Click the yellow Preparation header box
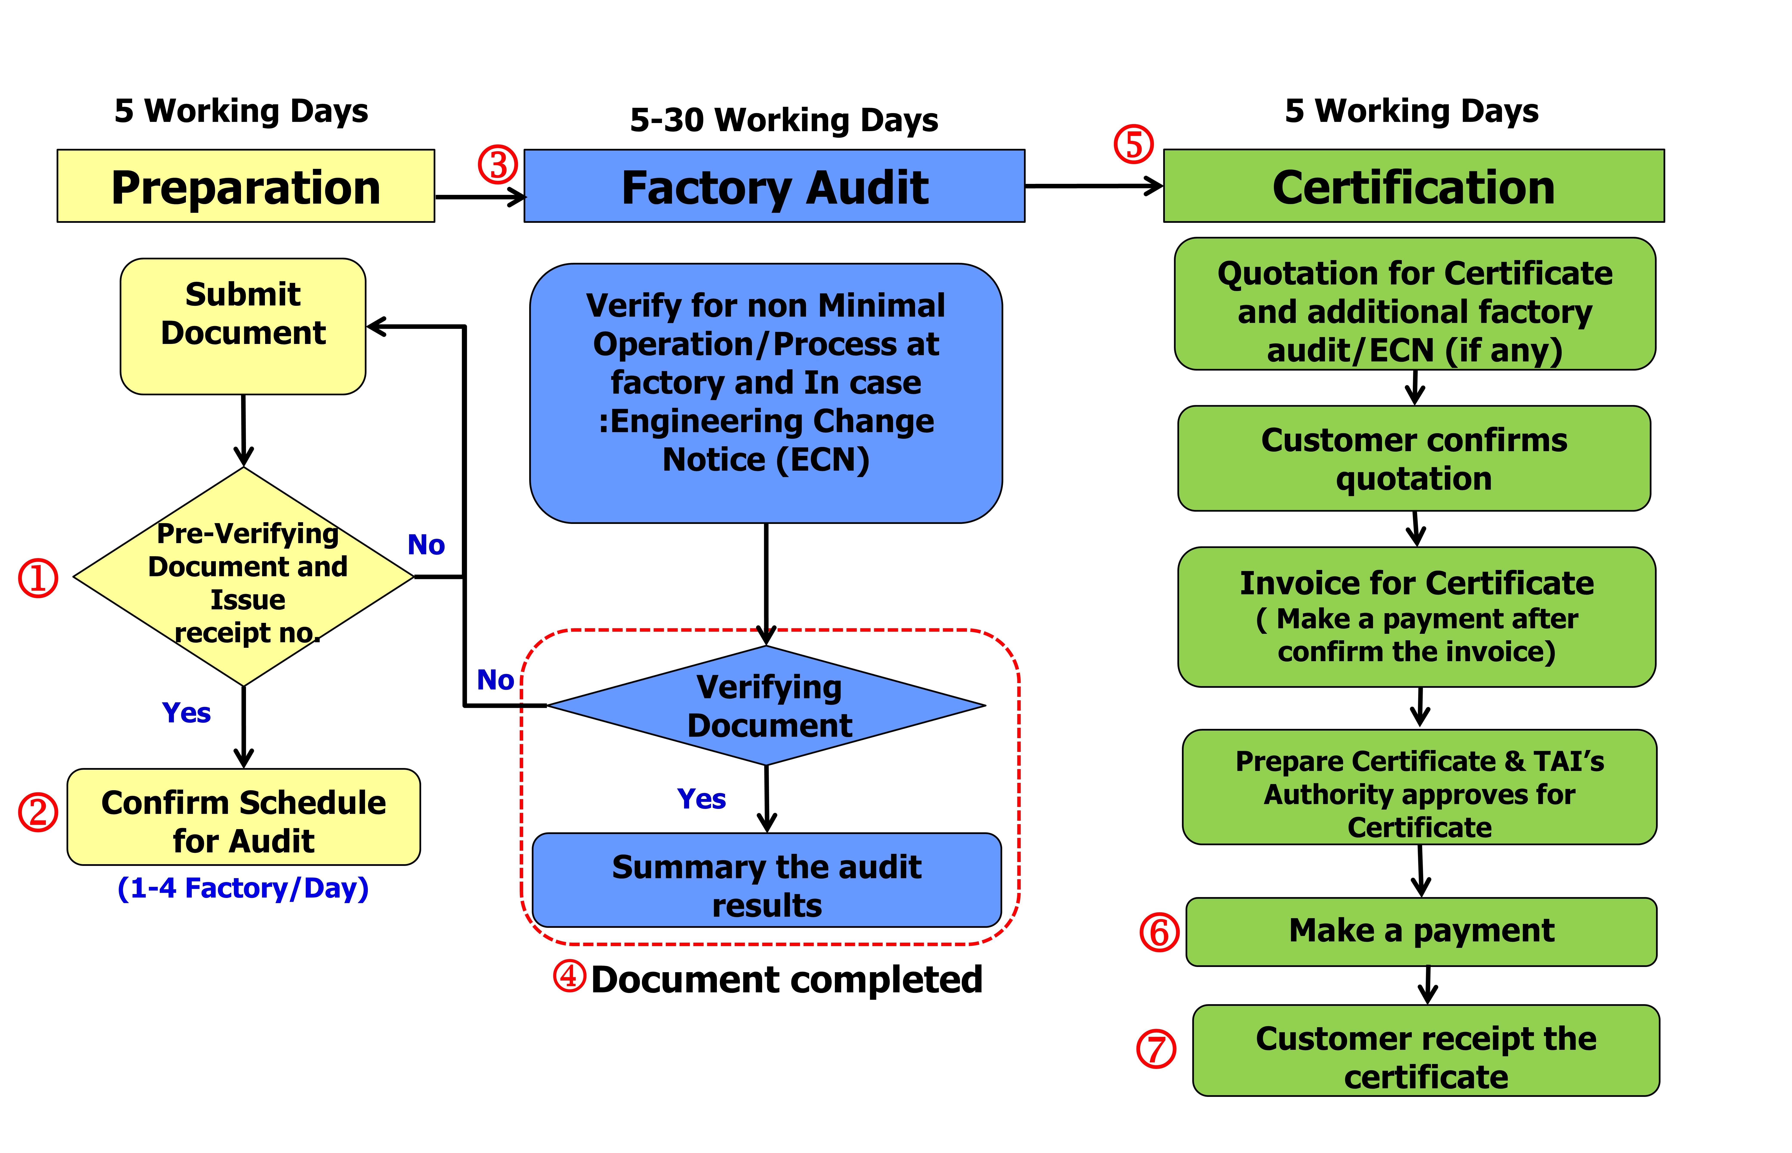[x=246, y=186]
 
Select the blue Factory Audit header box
[x=774, y=186]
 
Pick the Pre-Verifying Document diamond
[x=243, y=576]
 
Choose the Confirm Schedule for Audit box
[x=243, y=817]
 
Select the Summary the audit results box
[x=766, y=881]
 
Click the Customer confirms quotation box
[x=1414, y=458]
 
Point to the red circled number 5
[x=1133, y=145]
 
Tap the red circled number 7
[x=1156, y=1049]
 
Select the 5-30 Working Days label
[x=784, y=120]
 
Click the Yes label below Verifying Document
[x=701, y=799]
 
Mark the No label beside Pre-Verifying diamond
[x=425, y=544]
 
